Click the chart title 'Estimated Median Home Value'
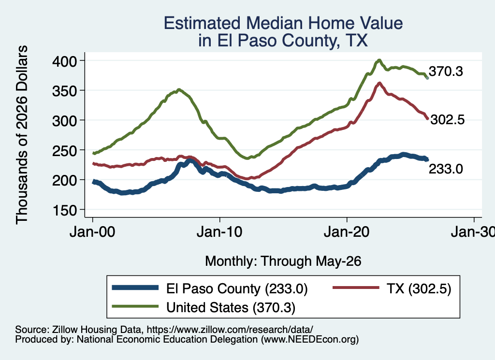[x=283, y=23]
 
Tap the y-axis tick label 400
[x=65, y=61]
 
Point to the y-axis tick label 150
[x=65, y=211]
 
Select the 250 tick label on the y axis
[x=65, y=151]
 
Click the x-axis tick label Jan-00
[x=92, y=232]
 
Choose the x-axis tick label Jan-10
[x=219, y=232]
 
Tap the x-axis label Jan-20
[x=347, y=232]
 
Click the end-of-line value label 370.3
[x=446, y=72]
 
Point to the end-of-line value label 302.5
[x=447, y=119]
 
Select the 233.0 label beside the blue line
[x=446, y=169]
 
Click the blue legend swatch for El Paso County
[x=135, y=288]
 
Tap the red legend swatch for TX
[x=356, y=288]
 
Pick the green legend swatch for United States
[x=135, y=306]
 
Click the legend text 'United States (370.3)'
[x=231, y=307]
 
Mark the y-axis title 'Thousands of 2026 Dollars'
[x=22, y=135]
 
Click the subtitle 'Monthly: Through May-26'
[x=283, y=261]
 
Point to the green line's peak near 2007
[x=179, y=89]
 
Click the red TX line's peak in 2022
[x=379, y=83]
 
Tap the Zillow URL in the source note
[x=230, y=330]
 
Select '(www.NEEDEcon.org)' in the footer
[x=310, y=340]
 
